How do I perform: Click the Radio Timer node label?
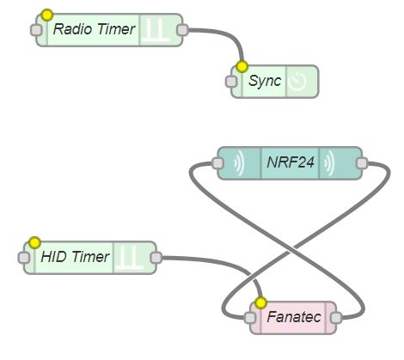point(94,29)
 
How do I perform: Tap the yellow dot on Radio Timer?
point(47,15)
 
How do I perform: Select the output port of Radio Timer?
point(182,30)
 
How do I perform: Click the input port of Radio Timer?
point(36,30)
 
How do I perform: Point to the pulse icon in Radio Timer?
point(156,29)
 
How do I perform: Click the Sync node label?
point(265,81)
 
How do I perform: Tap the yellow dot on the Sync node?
point(242,67)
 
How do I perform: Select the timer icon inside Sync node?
point(297,82)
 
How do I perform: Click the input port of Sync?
point(231,82)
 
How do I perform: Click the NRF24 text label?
point(291,162)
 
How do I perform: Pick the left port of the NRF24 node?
point(217,163)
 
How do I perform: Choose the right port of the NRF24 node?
point(362,163)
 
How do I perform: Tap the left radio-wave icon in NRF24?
point(239,163)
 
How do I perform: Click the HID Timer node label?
point(75,257)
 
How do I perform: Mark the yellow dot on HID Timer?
point(34,243)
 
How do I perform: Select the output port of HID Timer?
point(156,258)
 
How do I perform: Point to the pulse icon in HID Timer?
point(131,257)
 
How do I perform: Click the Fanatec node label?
point(294,317)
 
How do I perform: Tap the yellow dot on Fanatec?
point(260,302)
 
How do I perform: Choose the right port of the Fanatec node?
point(336,318)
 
